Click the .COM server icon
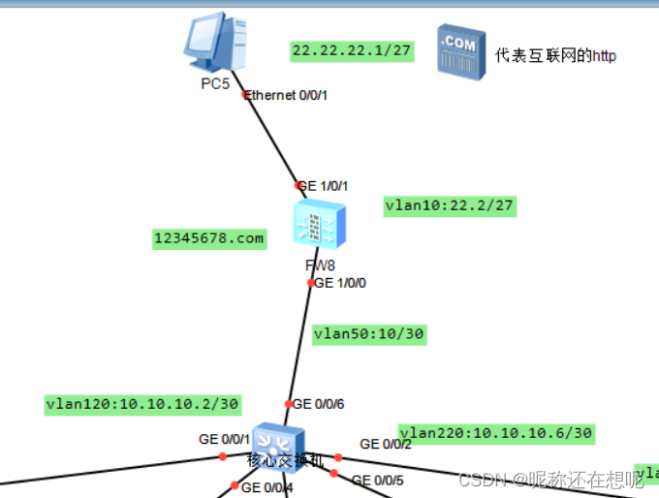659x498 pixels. (x=459, y=49)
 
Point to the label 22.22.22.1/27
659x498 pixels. (x=352, y=50)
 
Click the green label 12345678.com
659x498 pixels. (x=209, y=238)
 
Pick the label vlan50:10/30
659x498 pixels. (x=369, y=334)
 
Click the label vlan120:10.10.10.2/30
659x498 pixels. (x=142, y=403)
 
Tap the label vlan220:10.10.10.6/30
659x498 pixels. (x=496, y=432)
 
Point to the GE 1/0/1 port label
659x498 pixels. (x=324, y=185)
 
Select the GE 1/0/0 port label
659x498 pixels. (x=340, y=283)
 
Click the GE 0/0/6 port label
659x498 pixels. (x=318, y=403)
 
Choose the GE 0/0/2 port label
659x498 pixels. (x=386, y=444)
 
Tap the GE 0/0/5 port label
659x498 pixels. (x=377, y=480)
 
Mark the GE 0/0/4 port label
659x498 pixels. (x=267, y=487)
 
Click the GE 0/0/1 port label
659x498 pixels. (x=225, y=439)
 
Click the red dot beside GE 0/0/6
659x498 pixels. (x=288, y=404)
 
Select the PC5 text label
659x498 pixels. (x=215, y=84)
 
